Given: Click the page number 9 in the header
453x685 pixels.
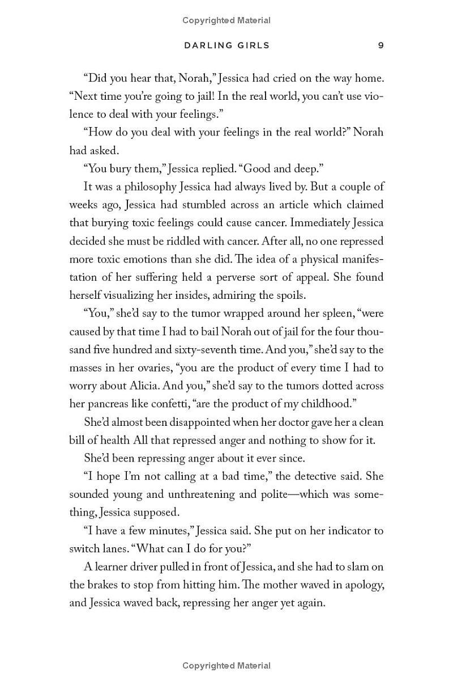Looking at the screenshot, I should point(381,45).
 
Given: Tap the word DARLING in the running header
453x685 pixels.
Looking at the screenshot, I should point(207,45).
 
